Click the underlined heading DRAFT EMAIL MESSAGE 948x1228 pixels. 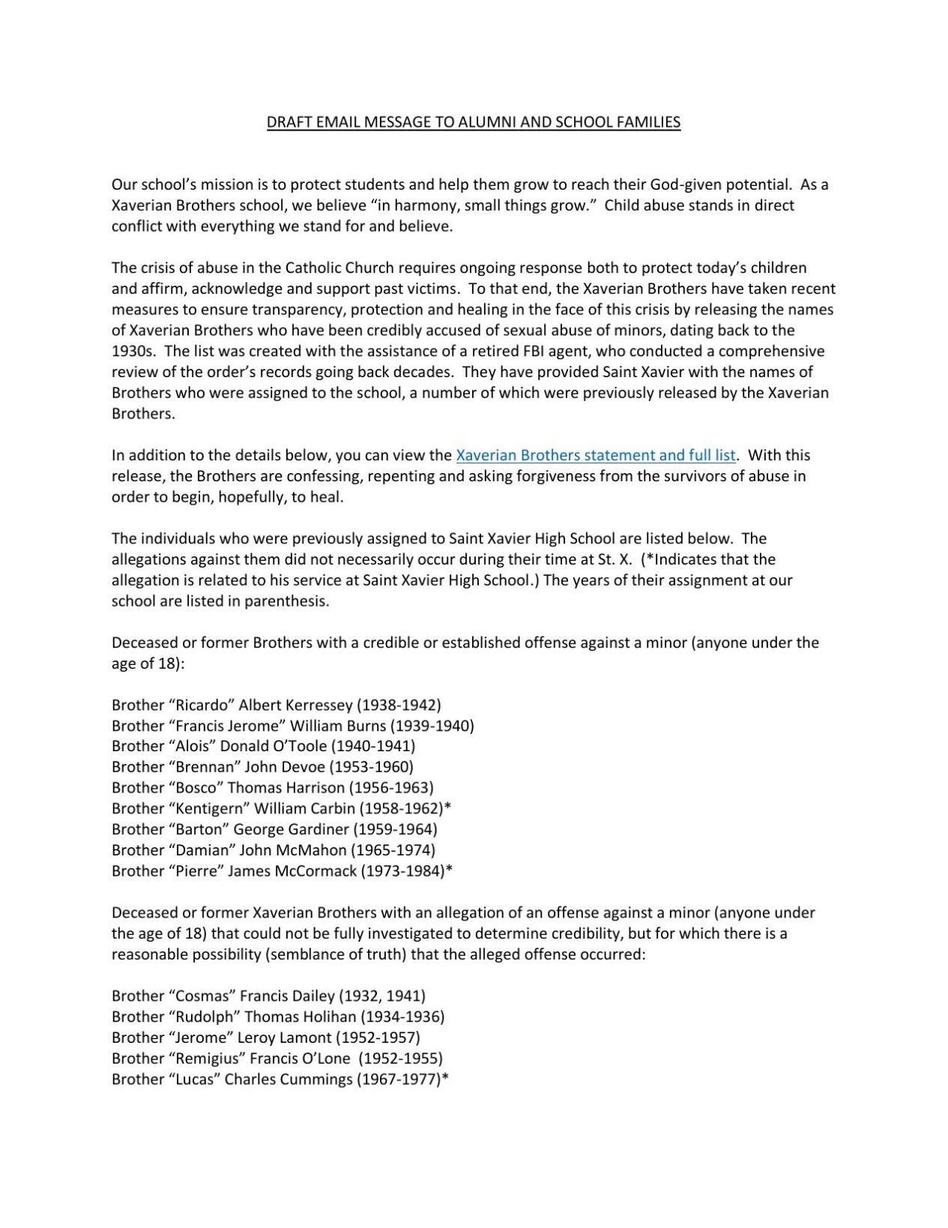click(x=474, y=122)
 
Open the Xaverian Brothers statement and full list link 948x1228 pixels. click(x=596, y=455)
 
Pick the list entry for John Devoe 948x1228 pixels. click(x=262, y=767)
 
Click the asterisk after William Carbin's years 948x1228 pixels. click(x=447, y=807)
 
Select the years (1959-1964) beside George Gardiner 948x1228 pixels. click(x=395, y=829)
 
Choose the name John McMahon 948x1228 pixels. click(x=293, y=850)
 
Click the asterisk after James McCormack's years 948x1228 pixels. click(x=449, y=870)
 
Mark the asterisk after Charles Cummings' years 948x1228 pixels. click(x=445, y=1078)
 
